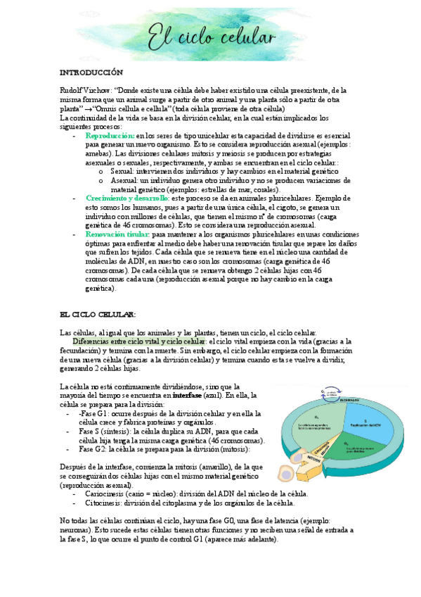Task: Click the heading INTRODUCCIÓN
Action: point(91,73)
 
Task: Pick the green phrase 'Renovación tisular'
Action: point(117,234)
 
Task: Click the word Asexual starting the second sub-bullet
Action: point(125,180)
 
